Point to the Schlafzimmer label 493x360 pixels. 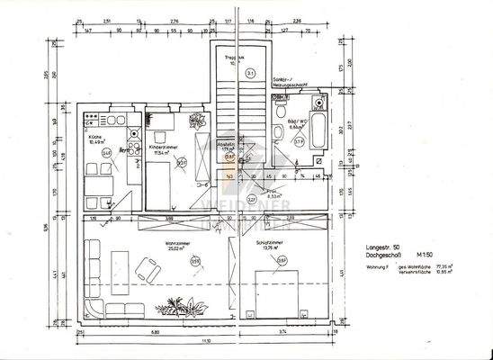point(271,243)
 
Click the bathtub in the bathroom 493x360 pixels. point(318,137)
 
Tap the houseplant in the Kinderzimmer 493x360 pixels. point(195,123)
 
